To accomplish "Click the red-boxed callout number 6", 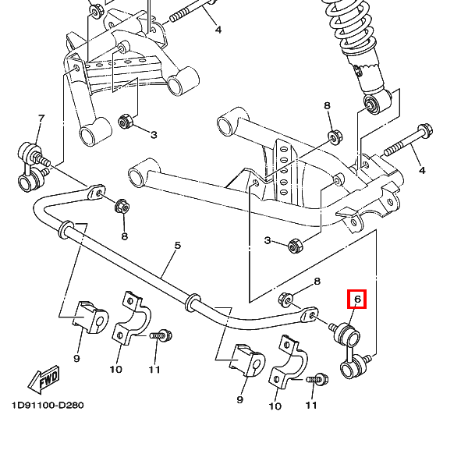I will (357, 299).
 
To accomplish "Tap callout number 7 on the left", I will (41, 118).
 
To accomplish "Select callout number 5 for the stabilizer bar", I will (177, 246).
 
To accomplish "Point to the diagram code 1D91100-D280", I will (48, 406).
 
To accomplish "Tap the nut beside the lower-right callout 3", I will (296, 244).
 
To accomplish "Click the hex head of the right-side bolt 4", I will (425, 131).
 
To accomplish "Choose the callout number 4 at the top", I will (218, 30).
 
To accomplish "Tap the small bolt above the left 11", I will (162, 335).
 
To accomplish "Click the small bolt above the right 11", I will (316, 380).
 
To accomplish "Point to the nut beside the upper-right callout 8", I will (335, 136).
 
